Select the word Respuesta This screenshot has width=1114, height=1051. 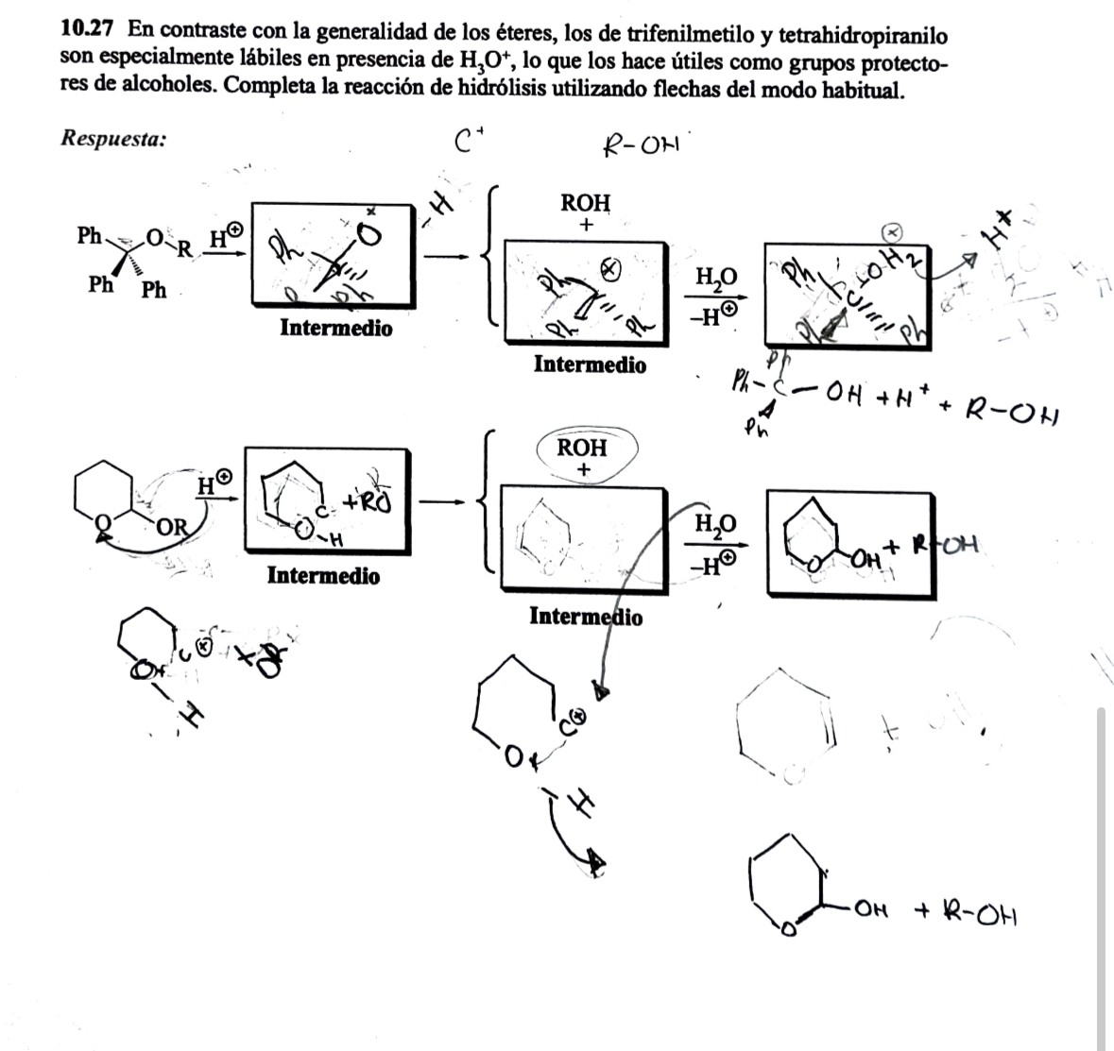pos(113,139)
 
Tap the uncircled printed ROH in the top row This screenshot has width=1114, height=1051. pos(586,203)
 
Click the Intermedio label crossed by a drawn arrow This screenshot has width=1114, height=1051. pos(586,617)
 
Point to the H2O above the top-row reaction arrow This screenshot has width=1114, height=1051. pos(714,277)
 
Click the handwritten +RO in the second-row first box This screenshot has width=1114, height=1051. pos(369,501)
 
